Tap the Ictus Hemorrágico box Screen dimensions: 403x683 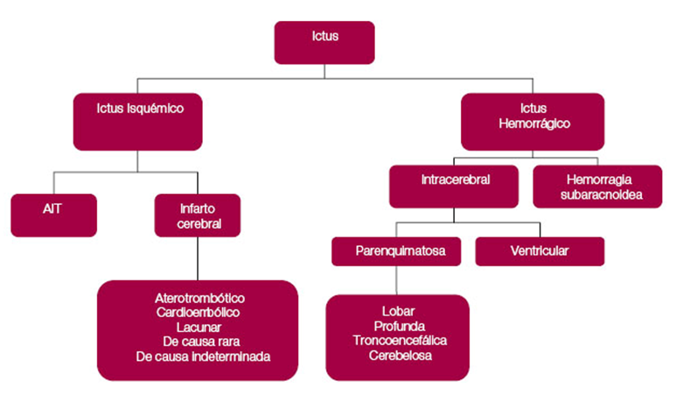[x=533, y=121]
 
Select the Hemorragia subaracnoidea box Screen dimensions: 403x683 [x=599, y=187]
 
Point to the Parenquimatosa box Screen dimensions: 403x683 [x=395, y=251]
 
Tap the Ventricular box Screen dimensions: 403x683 [x=539, y=251]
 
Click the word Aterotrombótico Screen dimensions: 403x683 [x=199, y=298]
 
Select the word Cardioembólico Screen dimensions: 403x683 [x=199, y=313]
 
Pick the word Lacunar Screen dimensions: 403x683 [x=199, y=327]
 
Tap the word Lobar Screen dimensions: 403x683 [x=398, y=311]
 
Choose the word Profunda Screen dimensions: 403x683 [x=398, y=326]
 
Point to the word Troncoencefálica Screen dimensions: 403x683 [x=398, y=340]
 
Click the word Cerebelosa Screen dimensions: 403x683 [x=398, y=355]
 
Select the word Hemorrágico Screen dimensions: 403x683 [x=534, y=124]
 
